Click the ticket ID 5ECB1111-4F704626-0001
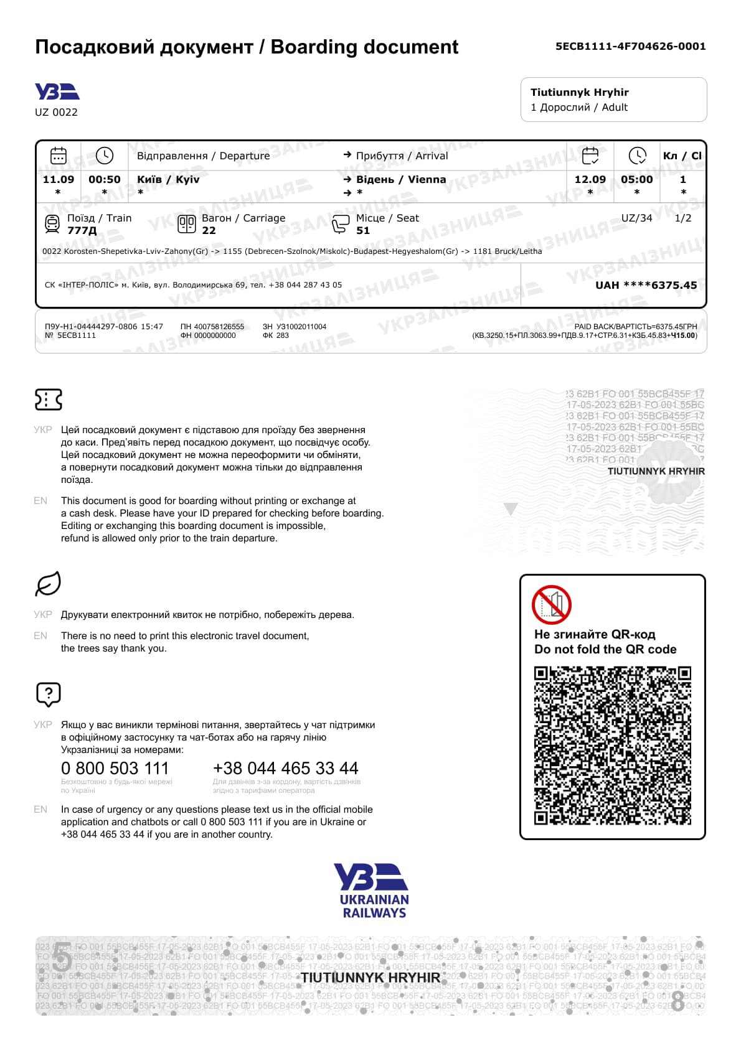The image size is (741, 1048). pyautogui.click(x=630, y=46)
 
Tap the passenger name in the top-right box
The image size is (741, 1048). pyautogui.click(x=579, y=92)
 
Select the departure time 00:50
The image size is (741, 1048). pyautogui.click(x=105, y=179)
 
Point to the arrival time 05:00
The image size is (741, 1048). pyautogui.click(x=636, y=179)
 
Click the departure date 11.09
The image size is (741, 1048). pyautogui.click(x=58, y=179)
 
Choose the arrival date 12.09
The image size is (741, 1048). pyautogui.click(x=590, y=179)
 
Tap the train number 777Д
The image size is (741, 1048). pyautogui.click(x=82, y=230)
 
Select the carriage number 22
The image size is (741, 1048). pyautogui.click(x=209, y=230)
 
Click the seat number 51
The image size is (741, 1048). pyautogui.click(x=363, y=230)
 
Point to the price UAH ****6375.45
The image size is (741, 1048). pyautogui.click(x=646, y=285)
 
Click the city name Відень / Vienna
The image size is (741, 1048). pyautogui.click(x=401, y=179)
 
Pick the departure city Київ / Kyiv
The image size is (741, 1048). pyautogui.click(x=168, y=179)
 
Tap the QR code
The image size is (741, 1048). pyautogui.click(x=613, y=746)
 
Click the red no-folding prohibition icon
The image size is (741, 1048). pyautogui.click(x=551, y=604)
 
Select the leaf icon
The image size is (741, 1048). pyautogui.click(x=48, y=584)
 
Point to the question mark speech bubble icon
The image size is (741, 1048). pyautogui.click(x=49, y=694)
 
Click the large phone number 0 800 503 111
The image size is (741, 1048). pyautogui.click(x=115, y=769)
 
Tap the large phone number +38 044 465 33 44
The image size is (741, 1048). pyautogui.click(x=285, y=769)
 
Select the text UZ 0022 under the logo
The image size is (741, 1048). pyautogui.click(x=56, y=112)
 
